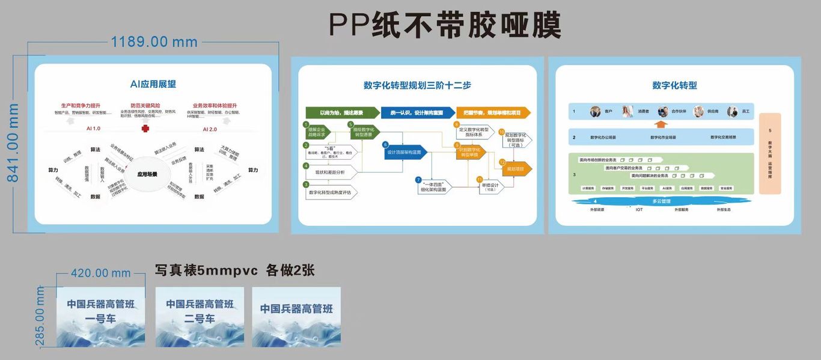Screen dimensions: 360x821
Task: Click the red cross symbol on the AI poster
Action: pyautogui.click(x=145, y=129)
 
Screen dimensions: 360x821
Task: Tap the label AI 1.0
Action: pyautogui.click(x=93, y=129)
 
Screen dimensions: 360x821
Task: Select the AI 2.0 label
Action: pyautogui.click(x=210, y=129)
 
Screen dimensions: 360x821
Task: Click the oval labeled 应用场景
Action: pyautogui.click(x=147, y=174)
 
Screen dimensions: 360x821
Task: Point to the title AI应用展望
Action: pyautogui.click(x=153, y=84)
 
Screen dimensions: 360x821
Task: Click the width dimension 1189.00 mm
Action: pyautogui.click(x=154, y=41)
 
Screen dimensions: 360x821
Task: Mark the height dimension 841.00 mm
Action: pyautogui.click(x=13, y=142)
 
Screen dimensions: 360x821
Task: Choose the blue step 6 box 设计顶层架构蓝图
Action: pyautogui.click(x=407, y=153)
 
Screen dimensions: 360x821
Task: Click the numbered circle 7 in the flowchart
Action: pyautogui.click(x=418, y=180)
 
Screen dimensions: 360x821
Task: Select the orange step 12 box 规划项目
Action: pyautogui.click(x=516, y=169)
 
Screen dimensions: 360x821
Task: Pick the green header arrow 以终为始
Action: pyautogui.click(x=342, y=112)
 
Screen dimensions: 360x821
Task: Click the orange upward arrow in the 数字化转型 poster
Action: pyautogui.click(x=661, y=124)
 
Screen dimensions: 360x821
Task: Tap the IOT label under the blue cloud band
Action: pyautogui.click(x=639, y=210)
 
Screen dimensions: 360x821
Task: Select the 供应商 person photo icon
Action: pyautogui.click(x=698, y=112)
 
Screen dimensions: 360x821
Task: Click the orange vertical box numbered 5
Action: pyautogui.click(x=770, y=153)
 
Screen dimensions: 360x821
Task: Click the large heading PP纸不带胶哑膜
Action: pyautogui.click(x=445, y=26)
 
